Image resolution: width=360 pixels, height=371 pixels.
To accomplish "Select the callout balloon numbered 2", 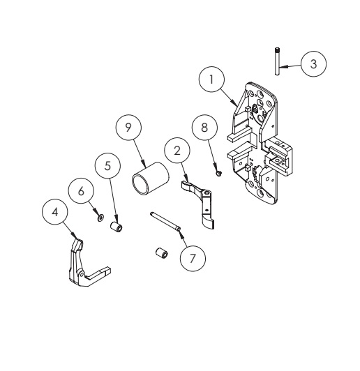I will [178, 151].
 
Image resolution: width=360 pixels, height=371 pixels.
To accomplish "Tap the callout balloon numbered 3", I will [314, 63].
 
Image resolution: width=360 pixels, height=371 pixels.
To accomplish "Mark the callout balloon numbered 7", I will [192, 257].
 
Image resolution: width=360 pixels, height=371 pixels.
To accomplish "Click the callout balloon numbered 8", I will [205, 130].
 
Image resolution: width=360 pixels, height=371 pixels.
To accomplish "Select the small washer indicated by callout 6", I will [100, 218].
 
